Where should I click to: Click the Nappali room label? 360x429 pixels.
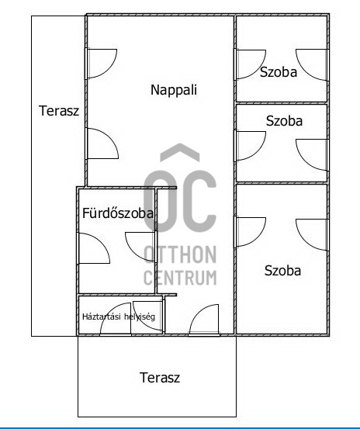click(x=174, y=89)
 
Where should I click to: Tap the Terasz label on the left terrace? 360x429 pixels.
click(x=59, y=110)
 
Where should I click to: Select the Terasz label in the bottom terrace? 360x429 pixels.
click(x=160, y=378)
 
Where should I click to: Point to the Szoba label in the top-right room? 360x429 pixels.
click(x=279, y=73)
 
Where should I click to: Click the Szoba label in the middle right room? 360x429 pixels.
click(x=284, y=121)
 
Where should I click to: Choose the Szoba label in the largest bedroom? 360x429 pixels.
click(x=282, y=271)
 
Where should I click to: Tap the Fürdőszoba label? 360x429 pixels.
click(x=117, y=213)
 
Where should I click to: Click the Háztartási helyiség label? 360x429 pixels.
click(x=119, y=317)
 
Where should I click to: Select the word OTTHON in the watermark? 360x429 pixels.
click(x=180, y=254)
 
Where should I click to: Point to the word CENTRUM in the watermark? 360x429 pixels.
click(x=180, y=277)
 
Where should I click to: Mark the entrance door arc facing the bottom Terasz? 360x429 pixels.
click(x=204, y=320)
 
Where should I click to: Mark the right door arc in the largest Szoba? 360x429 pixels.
click(x=312, y=232)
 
